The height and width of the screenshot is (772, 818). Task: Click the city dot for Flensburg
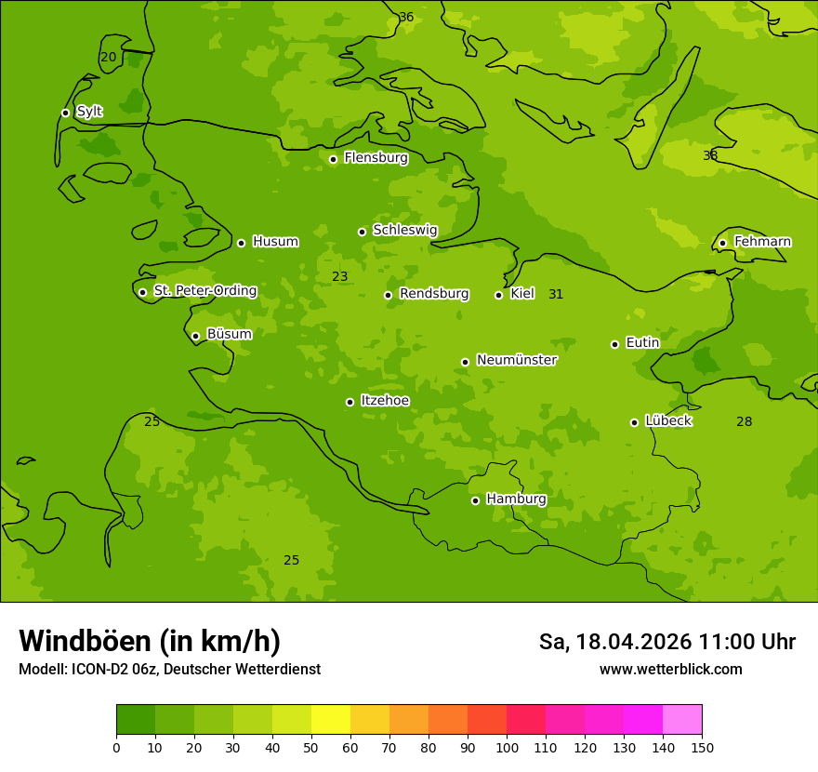pos(333,159)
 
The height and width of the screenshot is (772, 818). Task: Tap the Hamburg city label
pos(516,499)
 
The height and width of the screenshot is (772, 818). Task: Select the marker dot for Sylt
pos(65,113)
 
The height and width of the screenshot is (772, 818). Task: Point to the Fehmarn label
pos(762,242)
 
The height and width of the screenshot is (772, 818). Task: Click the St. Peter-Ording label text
pos(204,291)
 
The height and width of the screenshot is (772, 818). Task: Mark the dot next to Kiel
pos(498,295)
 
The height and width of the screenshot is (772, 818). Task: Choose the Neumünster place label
pos(516,360)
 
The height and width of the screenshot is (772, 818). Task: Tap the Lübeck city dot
pos(634,422)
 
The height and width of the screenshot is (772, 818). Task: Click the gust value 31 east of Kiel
pos(556,294)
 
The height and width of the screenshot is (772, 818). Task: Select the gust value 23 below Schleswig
pos(340,276)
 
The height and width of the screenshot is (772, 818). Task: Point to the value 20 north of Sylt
pos(109,57)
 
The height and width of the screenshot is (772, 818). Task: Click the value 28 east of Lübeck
pos(745,421)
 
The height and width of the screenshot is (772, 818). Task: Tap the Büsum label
pos(229,334)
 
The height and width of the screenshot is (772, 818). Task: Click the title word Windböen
pos(84,641)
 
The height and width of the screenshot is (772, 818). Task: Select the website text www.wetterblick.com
pos(670,669)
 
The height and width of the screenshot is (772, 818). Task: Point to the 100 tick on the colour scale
pos(507,747)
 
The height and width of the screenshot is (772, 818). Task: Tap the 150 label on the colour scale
pos(702,747)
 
